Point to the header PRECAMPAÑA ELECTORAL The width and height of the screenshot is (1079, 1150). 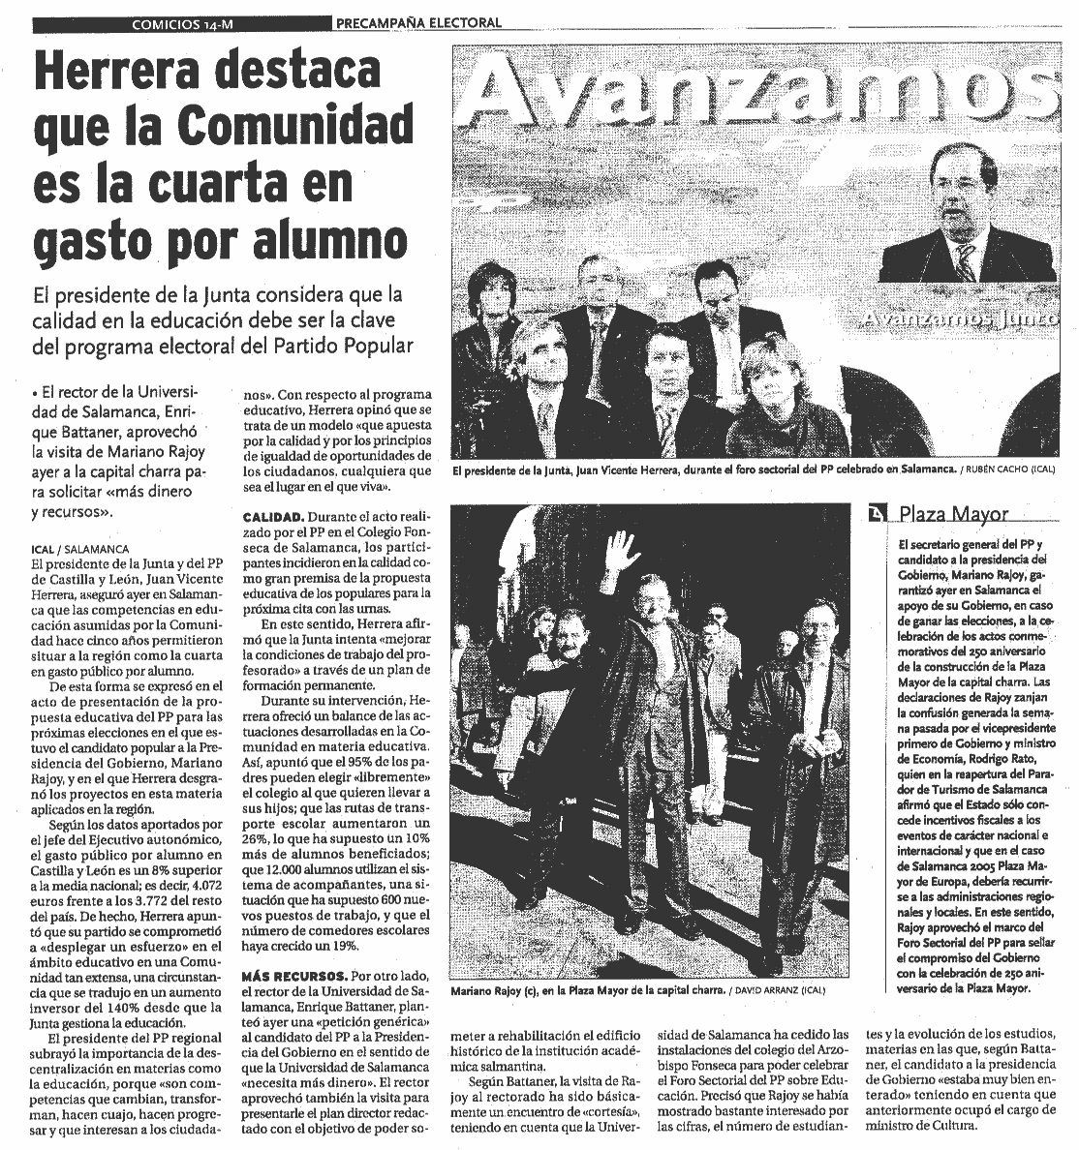click(x=419, y=22)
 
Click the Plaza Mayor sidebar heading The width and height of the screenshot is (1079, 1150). click(x=953, y=514)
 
